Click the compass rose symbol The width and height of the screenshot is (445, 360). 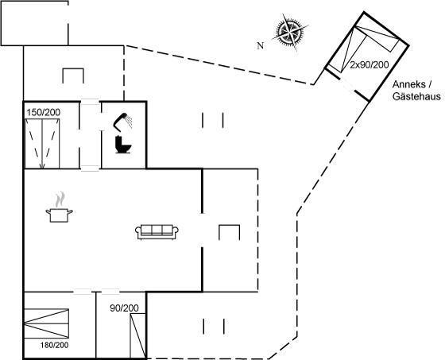coord(290,32)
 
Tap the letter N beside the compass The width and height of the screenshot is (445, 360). coord(261,45)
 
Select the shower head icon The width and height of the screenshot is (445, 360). coord(123,122)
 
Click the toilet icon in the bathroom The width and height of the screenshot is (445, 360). coord(123,145)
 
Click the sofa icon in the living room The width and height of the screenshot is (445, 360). coord(157,232)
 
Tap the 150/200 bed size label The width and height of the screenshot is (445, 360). coord(44,112)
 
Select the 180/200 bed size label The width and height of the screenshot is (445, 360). coord(54,345)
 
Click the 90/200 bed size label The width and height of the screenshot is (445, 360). coord(124,308)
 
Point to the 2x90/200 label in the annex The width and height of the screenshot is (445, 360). coord(369,65)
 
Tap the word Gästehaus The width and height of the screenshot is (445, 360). coord(416,96)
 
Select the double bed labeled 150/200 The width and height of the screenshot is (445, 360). coord(42,144)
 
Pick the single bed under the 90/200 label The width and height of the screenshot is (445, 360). coord(137,336)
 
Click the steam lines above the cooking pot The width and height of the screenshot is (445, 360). coord(60,199)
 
